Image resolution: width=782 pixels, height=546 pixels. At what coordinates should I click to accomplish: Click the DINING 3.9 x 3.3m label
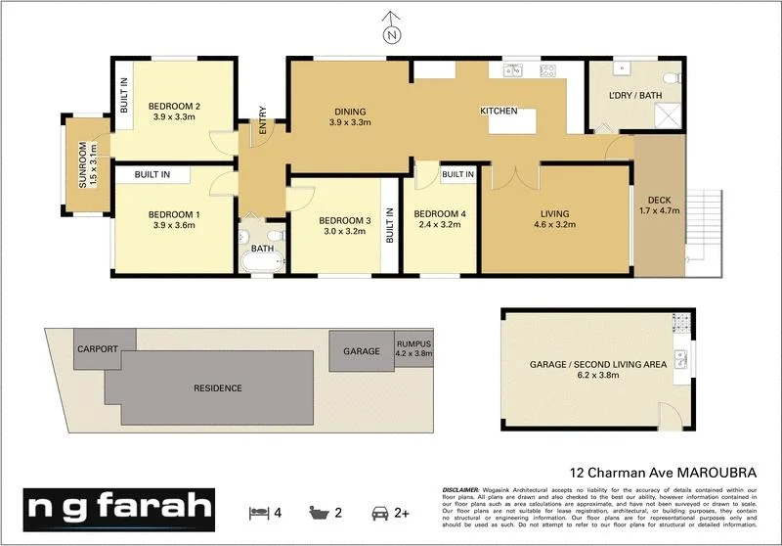349,117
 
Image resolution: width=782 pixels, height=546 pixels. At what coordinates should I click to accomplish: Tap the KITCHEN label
498,112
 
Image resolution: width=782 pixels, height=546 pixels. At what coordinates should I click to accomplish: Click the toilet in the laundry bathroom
670,76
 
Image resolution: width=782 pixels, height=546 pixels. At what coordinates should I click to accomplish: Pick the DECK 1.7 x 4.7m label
658,205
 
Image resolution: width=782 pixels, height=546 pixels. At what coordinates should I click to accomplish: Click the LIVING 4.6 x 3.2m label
554,219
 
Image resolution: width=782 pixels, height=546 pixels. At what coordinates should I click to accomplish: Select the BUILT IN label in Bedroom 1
152,174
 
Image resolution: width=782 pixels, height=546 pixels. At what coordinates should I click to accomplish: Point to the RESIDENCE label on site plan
217,388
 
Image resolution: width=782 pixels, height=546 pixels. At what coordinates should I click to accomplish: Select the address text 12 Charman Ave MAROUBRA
661,471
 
